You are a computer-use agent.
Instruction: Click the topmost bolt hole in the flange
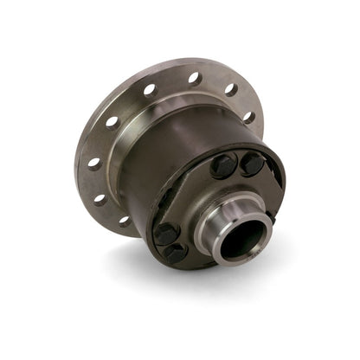pyautogui.click(x=194, y=78)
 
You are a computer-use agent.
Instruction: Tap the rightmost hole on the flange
pyautogui.click(x=249, y=117)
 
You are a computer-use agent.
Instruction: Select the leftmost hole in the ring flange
pyautogui.click(x=93, y=163)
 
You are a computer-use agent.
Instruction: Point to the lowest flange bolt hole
pyautogui.click(x=123, y=221)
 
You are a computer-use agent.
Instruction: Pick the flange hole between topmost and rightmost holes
pyautogui.click(x=231, y=89)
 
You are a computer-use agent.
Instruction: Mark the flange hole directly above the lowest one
pyautogui.click(x=101, y=200)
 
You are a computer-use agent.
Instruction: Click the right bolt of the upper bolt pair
pyautogui.click(x=252, y=163)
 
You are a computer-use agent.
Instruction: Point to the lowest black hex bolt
pyautogui.click(x=176, y=252)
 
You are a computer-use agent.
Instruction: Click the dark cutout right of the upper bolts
pyautogui.click(x=274, y=178)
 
